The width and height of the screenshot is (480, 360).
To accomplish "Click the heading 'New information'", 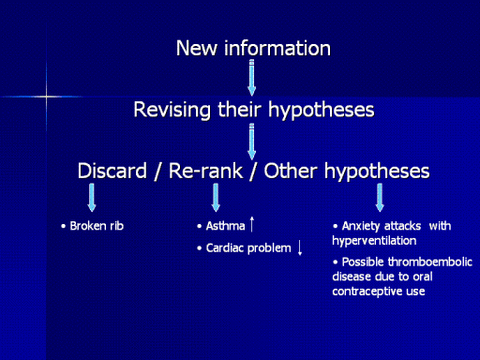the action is pos(253,49).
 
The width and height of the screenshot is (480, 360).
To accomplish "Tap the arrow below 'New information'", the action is pos(252,78).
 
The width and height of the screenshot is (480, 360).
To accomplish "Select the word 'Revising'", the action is pos(172,110).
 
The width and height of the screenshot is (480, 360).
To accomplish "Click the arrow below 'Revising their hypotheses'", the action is pos(252,142).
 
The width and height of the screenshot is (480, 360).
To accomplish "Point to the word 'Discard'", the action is pos(112,171).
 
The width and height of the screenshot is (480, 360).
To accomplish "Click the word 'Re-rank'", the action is pos(205,171).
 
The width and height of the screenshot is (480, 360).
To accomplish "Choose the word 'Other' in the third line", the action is pos(291,171).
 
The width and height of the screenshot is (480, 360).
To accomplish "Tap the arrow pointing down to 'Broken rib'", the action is pos(92,198).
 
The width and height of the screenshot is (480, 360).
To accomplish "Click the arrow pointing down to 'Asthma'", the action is pos(216,198).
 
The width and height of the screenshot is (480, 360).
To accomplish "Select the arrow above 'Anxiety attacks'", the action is pos(380,198).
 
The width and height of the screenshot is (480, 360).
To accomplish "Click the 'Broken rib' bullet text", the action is pos(97,226).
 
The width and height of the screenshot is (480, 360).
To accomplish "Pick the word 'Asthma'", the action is pos(225,226).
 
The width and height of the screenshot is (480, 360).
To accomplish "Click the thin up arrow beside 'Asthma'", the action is pos(252,224).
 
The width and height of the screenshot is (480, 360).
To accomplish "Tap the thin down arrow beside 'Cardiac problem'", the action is pos(300,247).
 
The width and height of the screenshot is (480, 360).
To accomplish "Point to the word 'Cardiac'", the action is pos(225,248).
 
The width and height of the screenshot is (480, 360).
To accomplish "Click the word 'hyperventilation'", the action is pos(374,241).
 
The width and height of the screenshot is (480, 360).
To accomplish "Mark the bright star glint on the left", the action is pos(47,97).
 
